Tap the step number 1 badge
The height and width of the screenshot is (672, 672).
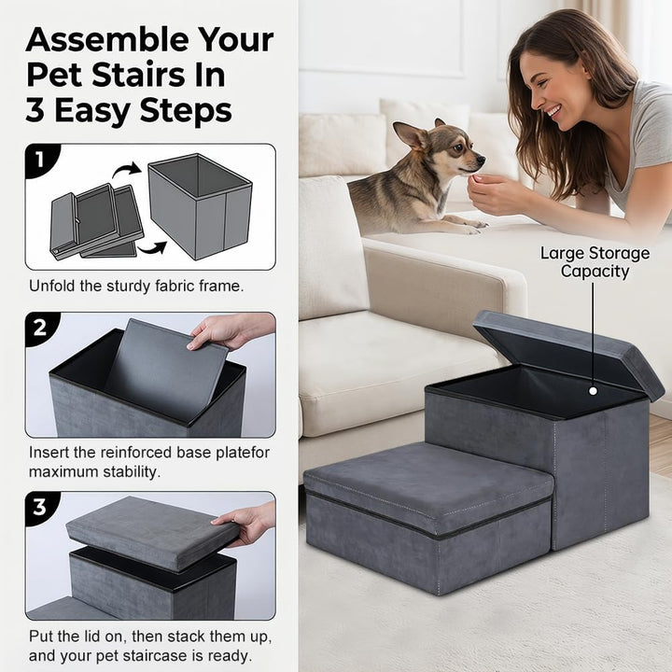pyautogui.click(x=40, y=160)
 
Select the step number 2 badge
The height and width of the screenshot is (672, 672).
pyautogui.click(x=40, y=328)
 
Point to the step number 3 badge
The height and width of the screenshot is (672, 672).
pyautogui.click(x=40, y=507)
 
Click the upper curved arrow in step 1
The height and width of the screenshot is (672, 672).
pyautogui.click(x=127, y=170)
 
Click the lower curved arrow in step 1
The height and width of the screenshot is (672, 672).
pyautogui.click(x=152, y=247)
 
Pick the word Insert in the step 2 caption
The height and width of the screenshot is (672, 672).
pyautogui.click(x=49, y=453)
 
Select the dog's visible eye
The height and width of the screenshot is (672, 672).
pyautogui.click(x=457, y=147)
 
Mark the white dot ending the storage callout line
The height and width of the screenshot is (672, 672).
pyautogui.click(x=594, y=391)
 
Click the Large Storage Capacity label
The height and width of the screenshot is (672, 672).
pyautogui.click(x=595, y=262)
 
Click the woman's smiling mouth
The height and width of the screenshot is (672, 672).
pyautogui.click(x=553, y=113)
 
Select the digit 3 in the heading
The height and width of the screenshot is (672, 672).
pyautogui.click(x=35, y=110)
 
